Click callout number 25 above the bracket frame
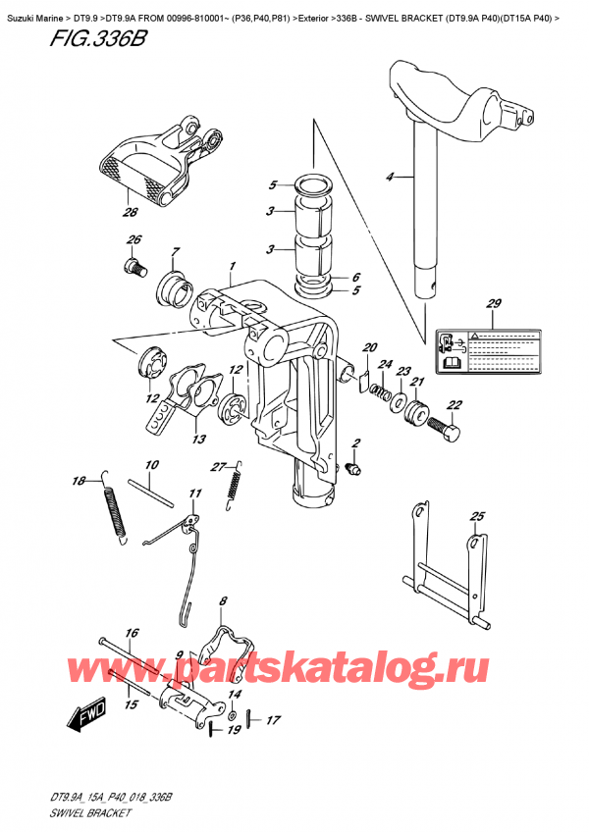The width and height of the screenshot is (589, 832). pos(477,516)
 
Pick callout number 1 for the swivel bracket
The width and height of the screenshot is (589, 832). pos(232,266)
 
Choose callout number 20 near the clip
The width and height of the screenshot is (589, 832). pos(370,348)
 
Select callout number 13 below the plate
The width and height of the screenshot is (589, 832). pos(199,439)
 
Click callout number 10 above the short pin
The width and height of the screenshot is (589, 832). pos(152,464)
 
